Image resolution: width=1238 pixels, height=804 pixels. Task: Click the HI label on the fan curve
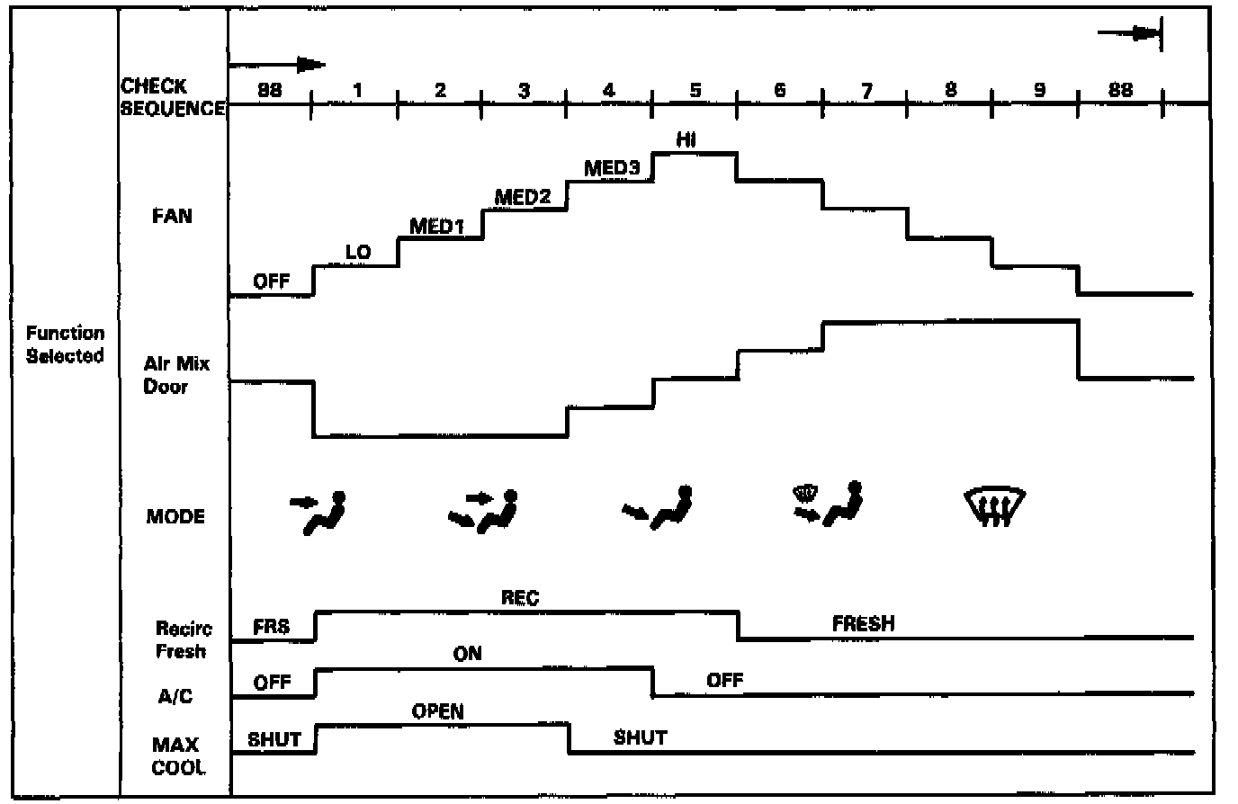click(x=692, y=139)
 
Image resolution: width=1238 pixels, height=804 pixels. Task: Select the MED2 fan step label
click(x=523, y=197)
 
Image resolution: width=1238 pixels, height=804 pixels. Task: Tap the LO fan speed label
click(x=358, y=253)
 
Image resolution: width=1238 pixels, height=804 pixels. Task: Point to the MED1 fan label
click(x=436, y=227)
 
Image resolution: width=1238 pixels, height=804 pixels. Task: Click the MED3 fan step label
click(x=612, y=169)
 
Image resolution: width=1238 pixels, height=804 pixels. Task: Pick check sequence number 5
click(x=695, y=90)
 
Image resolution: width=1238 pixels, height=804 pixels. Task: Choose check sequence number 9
click(x=1039, y=90)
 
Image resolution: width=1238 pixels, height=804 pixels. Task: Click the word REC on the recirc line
click(x=520, y=597)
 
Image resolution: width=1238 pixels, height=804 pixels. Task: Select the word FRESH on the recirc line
click(x=863, y=623)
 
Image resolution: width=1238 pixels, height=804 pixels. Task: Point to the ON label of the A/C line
click(x=468, y=654)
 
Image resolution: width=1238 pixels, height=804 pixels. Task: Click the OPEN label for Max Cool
click(x=438, y=712)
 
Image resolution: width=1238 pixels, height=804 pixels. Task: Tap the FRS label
click(x=271, y=627)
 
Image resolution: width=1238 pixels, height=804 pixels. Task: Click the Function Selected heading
click(x=65, y=344)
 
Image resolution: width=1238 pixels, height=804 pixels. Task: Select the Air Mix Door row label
click(x=176, y=375)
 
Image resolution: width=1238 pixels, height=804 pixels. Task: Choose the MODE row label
click(x=175, y=517)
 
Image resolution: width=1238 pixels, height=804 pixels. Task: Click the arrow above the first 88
click(x=279, y=65)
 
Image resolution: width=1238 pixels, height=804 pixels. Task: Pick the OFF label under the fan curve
click(x=271, y=281)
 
